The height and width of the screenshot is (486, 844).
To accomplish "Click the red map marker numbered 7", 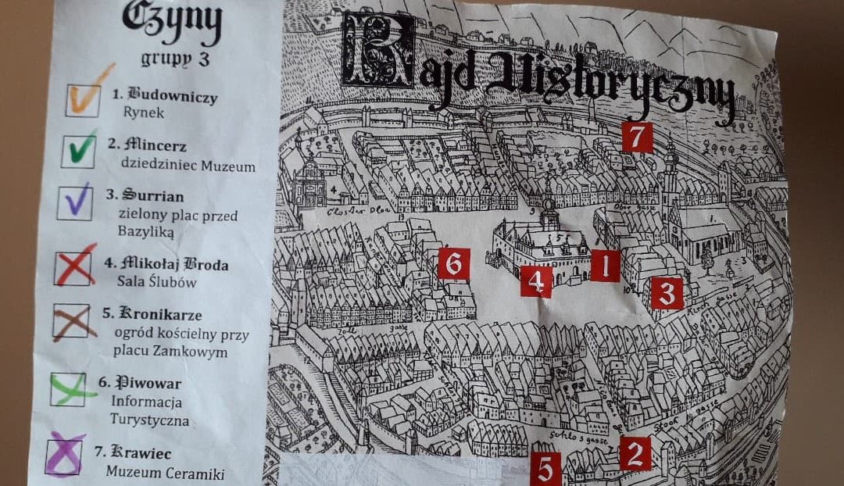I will [638, 137].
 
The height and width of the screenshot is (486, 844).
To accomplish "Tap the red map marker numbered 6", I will [454, 264].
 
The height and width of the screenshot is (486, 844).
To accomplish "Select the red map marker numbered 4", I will [536, 281].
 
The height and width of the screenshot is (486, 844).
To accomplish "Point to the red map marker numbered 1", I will [604, 266].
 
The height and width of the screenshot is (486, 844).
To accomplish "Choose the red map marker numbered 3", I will [667, 293].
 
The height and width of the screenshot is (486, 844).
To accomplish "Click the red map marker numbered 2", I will [635, 453].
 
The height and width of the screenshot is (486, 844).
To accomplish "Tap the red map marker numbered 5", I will [545, 469].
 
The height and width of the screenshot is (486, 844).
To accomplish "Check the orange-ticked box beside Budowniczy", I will [83, 99].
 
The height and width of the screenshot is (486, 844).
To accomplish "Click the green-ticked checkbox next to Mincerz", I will [79, 151].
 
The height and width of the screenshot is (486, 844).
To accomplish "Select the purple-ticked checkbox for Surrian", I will [75, 202].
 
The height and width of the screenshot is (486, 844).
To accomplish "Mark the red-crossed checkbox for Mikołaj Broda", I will [73, 268].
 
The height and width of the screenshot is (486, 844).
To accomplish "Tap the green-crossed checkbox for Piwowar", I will [68, 388].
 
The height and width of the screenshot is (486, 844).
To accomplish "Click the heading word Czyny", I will [171, 21].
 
